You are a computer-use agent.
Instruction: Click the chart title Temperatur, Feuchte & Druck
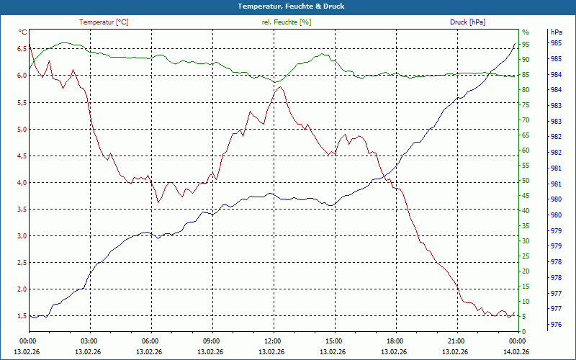pyautogui.click(x=288, y=6)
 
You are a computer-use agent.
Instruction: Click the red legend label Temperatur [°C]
pyautogui.click(x=104, y=22)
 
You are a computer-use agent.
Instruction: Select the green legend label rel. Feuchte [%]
pyautogui.click(x=287, y=22)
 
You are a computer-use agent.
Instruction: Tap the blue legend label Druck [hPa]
pyautogui.click(x=467, y=22)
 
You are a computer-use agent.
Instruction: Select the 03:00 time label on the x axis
pyautogui.click(x=89, y=341)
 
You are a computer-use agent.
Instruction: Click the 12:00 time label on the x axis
pyautogui.click(x=273, y=341)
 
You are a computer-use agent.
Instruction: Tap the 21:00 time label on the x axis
pyautogui.click(x=456, y=341)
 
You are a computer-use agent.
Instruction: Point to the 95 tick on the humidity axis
pyautogui.click(x=526, y=45)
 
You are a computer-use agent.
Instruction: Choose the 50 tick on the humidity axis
pyautogui.click(x=526, y=181)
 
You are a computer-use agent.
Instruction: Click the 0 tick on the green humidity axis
pyautogui.click(x=524, y=332)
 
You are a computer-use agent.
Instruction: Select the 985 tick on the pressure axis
pyautogui.click(x=556, y=43)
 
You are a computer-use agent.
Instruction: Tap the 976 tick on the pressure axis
pyautogui.click(x=556, y=324)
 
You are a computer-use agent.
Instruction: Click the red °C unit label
pyautogui.click(x=23, y=32)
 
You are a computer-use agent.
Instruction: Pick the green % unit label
pyautogui.click(x=525, y=32)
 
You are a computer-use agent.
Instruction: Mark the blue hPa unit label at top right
pyautogui.click(x=557, y=32)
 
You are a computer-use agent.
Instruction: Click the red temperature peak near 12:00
pyautogui.click(x=279, y=86)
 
